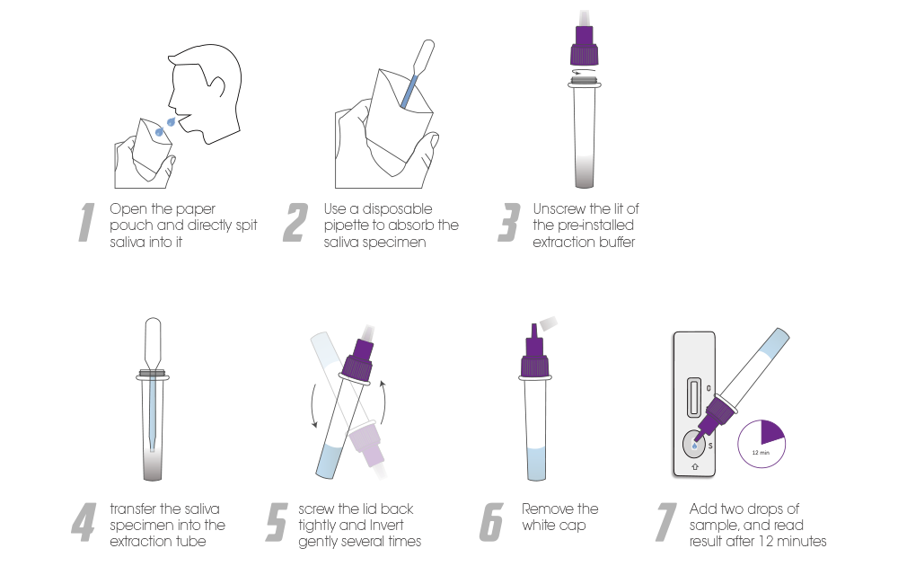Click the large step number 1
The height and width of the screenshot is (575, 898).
pos(86,222)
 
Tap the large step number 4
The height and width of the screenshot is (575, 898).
pos(84,522)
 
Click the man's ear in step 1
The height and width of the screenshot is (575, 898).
pos(217,86)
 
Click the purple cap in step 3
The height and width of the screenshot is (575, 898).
pos(585,45)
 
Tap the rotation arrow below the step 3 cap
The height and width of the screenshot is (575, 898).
pos(584,72)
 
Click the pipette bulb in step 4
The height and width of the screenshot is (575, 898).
pos(153,339)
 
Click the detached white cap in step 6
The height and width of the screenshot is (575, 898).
pos(548,323)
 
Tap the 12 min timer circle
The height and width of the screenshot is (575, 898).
pos(762,444)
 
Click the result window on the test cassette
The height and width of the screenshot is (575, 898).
pos(693,396)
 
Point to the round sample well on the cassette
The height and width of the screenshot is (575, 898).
pos(694,444)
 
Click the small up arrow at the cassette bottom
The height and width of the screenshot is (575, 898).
pos(695,467)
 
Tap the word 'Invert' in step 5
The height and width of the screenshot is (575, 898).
pos(386,525)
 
